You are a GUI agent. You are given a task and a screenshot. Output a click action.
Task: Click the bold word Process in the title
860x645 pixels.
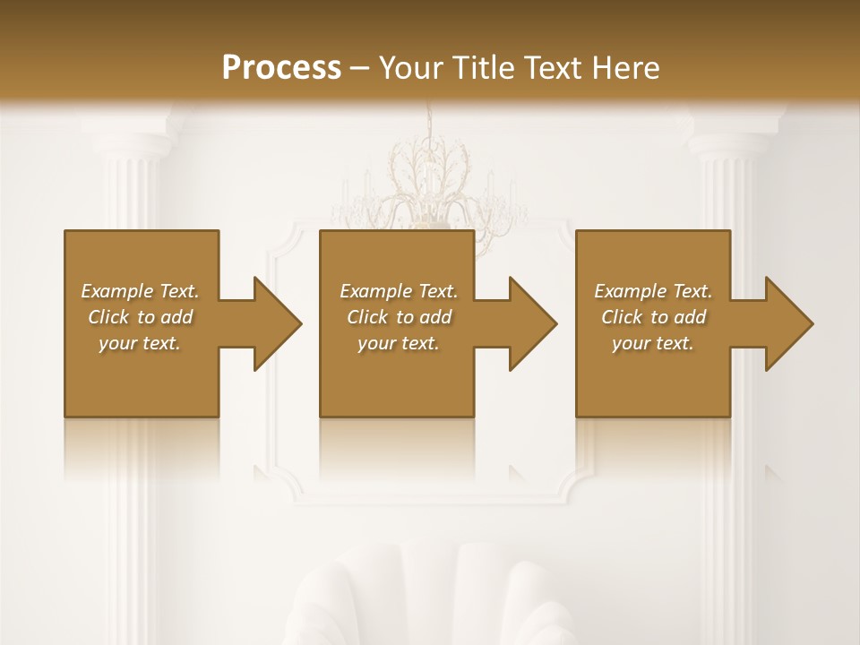coord(281,67)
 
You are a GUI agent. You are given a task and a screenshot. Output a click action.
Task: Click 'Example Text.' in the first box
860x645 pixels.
coord(140,290)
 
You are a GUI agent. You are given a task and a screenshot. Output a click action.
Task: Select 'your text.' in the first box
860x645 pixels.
coord(140,343)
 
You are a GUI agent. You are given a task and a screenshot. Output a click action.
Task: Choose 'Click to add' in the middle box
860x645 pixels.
coord(399,316)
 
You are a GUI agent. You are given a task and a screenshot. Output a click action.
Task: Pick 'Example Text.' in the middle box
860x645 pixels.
coord(399,290)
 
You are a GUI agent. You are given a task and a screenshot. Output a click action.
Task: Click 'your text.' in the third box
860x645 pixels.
coord(653,343)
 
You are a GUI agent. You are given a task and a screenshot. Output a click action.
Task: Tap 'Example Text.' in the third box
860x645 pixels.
coord(653,290)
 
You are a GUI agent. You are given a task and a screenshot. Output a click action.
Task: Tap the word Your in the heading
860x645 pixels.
coord(408,67)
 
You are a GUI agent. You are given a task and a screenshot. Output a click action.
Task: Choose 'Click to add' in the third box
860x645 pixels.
coord(653,316)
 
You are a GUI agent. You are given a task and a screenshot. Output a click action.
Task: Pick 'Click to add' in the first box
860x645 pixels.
coord(140,316)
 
